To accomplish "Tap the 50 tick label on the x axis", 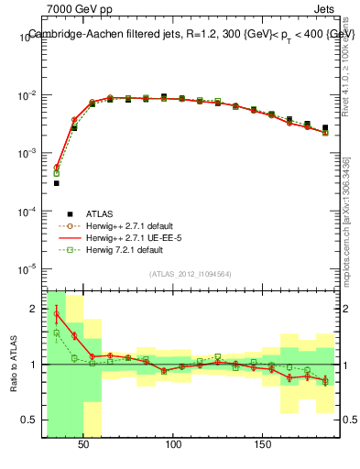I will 84,444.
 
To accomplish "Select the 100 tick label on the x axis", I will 173,444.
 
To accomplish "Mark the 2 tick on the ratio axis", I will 34,308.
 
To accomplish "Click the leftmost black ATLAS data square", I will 56,183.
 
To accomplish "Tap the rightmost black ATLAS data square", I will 325,127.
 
